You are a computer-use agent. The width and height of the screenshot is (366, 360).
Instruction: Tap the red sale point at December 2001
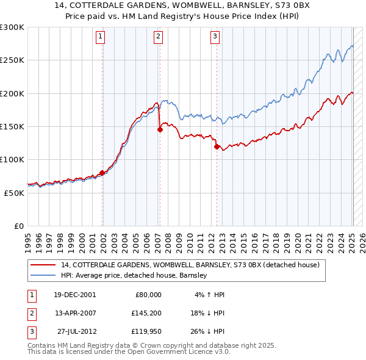(102, 173)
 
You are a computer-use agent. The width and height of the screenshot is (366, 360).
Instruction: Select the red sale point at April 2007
(160, 129)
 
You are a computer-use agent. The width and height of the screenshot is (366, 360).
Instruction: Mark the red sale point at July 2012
(217, 146)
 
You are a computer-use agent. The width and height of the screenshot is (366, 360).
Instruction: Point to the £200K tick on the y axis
(12, 93)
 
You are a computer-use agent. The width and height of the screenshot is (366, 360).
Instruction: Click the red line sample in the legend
(44, 265)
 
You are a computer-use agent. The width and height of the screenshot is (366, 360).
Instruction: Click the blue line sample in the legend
(44, 275)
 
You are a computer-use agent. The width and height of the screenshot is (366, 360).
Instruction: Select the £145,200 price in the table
(145, 314)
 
